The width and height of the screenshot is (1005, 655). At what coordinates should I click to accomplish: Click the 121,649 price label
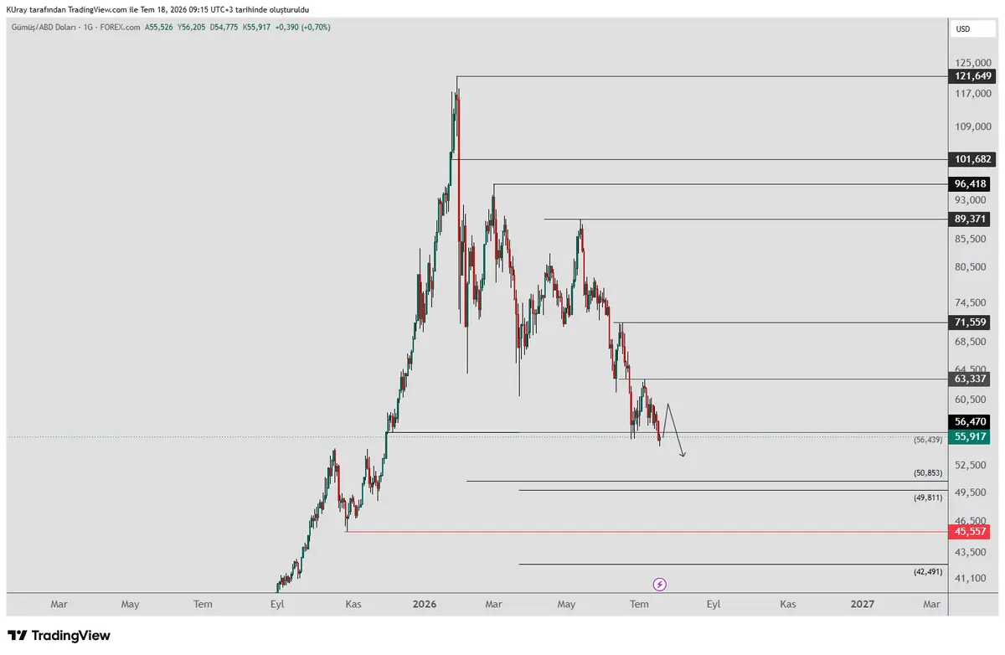(x=972, y=76)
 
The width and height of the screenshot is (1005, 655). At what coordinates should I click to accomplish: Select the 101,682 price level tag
(x=972, y=159)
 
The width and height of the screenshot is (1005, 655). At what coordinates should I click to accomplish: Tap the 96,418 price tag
(x=970, y=184)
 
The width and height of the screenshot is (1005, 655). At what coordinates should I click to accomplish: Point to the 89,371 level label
(x=970, y=219)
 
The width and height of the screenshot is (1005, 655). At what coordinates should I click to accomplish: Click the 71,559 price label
(x=970, y=322)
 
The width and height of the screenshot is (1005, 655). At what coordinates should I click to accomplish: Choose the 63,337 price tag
(x=970, y=379)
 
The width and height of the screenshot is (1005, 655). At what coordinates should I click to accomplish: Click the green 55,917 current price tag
(x=970, y=436)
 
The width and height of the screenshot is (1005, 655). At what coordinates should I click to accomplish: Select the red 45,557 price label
(x=970, y=532)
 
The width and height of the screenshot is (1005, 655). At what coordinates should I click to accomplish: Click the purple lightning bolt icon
(x=660, y=584)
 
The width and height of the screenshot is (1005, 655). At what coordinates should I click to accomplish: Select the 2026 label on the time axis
(x=425, y=604)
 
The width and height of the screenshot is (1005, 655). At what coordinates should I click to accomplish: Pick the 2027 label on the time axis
(x=863, y=604)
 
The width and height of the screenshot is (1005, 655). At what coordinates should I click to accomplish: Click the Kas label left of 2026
(x=353, y=604)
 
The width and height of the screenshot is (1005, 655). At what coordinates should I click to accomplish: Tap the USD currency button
(x=972, y=29)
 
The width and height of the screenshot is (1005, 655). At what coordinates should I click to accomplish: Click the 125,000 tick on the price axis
(x=972, y=63)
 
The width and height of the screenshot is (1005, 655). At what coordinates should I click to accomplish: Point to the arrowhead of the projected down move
(x=683, y=456)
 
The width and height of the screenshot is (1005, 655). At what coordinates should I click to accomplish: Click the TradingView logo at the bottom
(x=59, y=636)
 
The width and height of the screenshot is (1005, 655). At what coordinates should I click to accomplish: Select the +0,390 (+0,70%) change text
(x=303, y=28)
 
